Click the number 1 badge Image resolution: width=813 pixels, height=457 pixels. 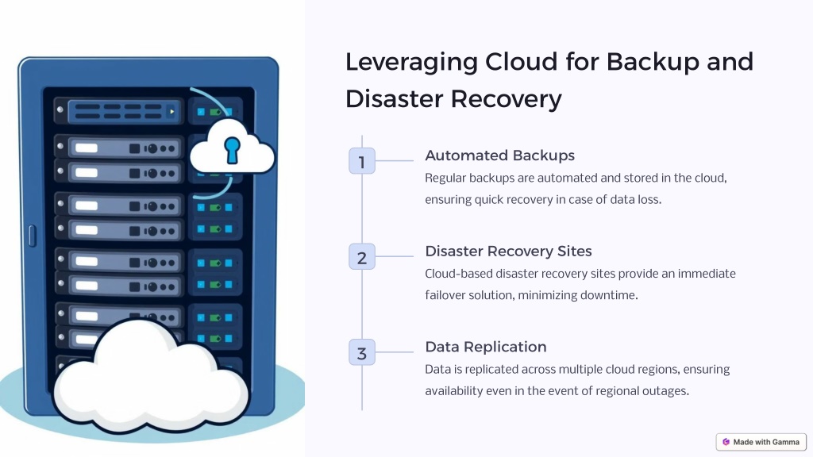362,160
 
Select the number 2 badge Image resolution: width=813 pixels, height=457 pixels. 362,256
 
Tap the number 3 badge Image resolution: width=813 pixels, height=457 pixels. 362,352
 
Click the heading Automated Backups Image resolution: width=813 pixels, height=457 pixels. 500,156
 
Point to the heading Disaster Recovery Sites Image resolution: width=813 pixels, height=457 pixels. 508,252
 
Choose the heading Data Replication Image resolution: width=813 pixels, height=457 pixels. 486,347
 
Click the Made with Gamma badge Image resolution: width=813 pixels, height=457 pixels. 761,442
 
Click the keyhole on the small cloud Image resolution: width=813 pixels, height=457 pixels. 232,150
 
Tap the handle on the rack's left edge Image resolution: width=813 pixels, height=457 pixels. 32,236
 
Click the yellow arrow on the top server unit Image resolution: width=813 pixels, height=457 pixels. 171,111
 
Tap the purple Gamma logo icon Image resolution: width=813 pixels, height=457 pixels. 726,442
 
